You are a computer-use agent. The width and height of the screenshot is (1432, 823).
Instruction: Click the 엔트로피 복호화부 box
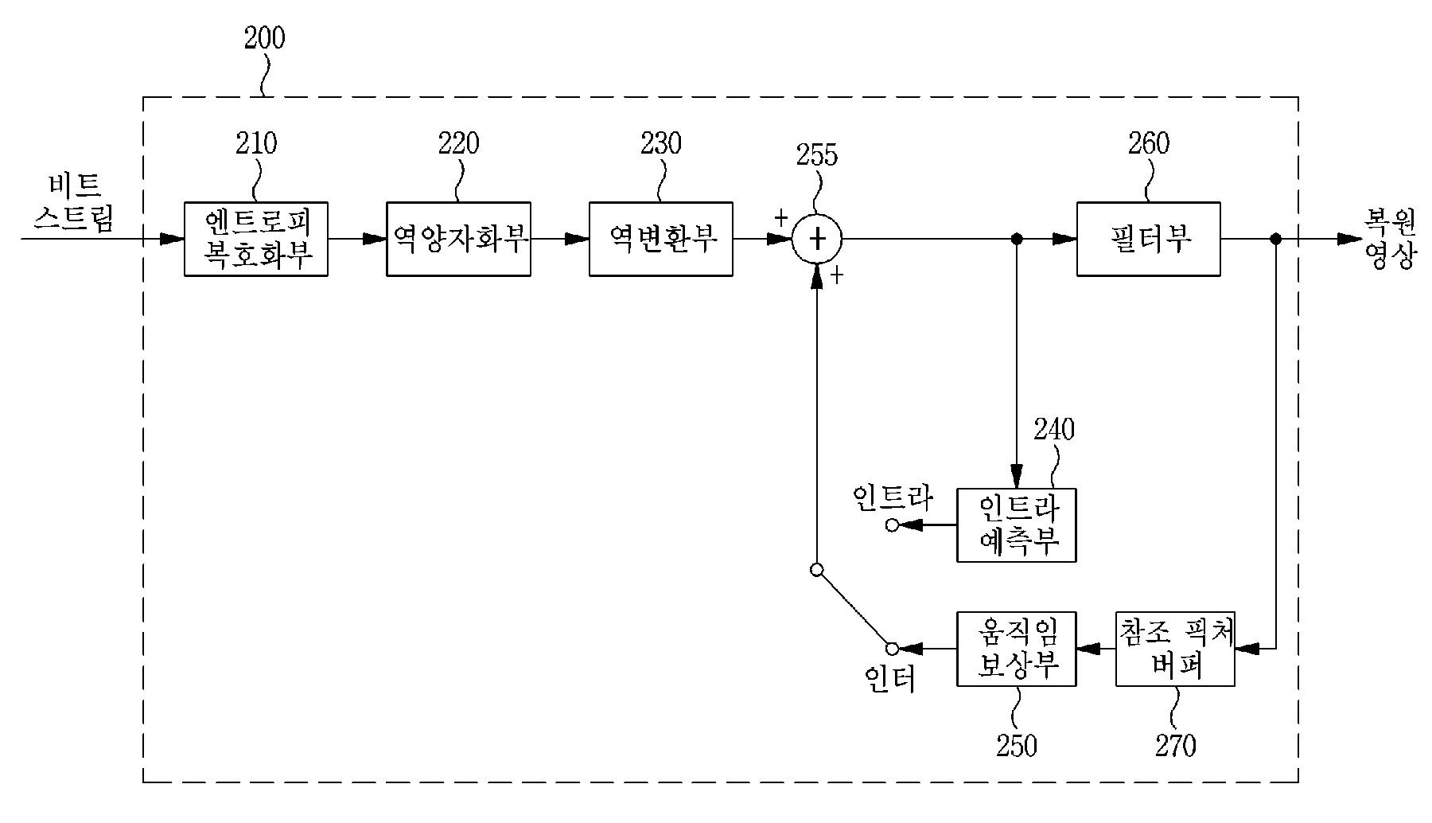[x=256, y=239]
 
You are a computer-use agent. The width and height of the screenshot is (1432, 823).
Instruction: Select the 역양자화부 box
[x=458, y=239]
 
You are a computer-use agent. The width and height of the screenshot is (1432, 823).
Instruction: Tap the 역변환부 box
[x=661, y=239]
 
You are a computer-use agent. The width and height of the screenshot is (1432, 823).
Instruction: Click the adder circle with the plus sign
[x=816, y=239]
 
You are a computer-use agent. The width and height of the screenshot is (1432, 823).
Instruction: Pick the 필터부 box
[x=1149, y=239]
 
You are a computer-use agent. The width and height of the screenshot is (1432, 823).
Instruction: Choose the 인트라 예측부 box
[x=1017, y=525]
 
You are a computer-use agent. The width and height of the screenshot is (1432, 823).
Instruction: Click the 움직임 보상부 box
[x=1017, y=649]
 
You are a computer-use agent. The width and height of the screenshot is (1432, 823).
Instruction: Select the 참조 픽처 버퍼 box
[x=1176, y=649]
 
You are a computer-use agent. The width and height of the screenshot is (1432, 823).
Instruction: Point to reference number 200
[x=264, y=38]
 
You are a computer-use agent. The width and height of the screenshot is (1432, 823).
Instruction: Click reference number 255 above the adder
[x=817, y=154]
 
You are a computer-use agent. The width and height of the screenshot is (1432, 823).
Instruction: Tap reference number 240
[x=1053, y=430]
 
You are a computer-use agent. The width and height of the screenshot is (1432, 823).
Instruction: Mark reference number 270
[x=1175, y=746]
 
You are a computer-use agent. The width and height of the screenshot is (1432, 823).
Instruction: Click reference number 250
[x=1017, y=746]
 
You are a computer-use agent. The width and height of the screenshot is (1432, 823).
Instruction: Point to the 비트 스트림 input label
[x=74, y=203]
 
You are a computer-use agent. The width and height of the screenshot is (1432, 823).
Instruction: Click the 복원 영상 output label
[x=1390, y=239]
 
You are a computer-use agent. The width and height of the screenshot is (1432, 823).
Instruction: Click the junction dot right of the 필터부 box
[x=1275, y=239]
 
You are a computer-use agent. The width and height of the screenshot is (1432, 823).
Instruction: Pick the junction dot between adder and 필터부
[x=1016, y=239]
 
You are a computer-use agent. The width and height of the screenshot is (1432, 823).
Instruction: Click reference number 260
[x=1149, y=143]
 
